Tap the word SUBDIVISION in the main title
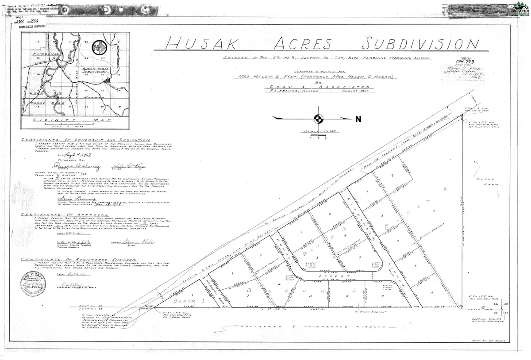[x=420, y=44]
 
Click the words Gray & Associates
[x=316, y=88]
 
